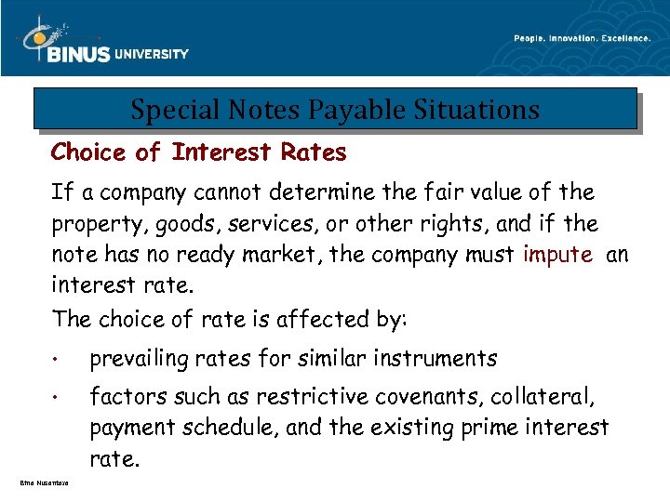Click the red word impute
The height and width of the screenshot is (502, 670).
(x=557, y=256)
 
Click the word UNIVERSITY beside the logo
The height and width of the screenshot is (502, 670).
(x=152, y=54)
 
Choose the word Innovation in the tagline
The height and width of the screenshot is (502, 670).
(x=558, y=38)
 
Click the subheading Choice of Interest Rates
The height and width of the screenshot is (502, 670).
(x=198, y=152)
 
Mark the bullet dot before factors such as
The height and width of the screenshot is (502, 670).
(x=58, y=399)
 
